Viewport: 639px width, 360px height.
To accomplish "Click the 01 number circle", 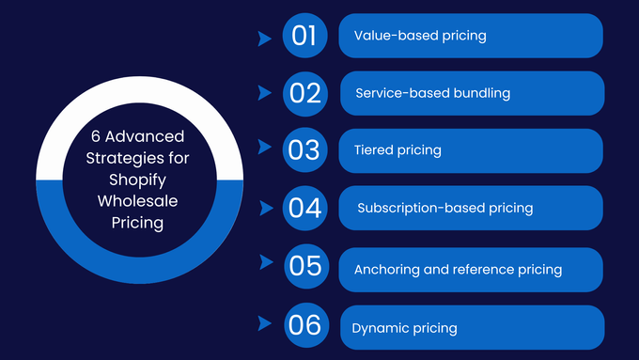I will point(304,37).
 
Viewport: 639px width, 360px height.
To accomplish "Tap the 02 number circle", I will point(305,93).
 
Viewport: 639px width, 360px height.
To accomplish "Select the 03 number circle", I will point(304,150).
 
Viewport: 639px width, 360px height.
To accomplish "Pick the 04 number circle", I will point(305,208).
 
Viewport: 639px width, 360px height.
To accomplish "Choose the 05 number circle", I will point(306,266).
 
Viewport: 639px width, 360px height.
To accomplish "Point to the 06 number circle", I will point(305,325).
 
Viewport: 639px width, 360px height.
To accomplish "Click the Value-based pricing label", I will point(420,36).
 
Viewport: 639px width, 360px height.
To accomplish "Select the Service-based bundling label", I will point(432,93).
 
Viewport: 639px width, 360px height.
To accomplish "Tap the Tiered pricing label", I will point(397,150).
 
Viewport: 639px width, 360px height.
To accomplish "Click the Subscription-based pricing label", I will point(444,208).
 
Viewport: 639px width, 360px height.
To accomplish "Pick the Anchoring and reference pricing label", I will point(458,270).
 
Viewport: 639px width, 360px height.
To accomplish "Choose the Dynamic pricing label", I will point(404,328).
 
